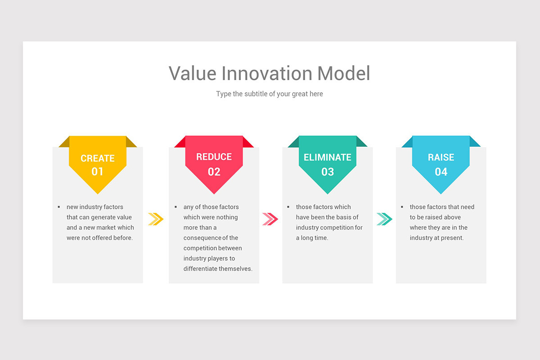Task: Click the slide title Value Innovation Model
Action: pos(269,73)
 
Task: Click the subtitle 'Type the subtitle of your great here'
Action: pos(269,94)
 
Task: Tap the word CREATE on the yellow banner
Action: pos(98,158)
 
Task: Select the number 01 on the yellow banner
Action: pos(98,171)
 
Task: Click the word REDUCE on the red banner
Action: pos(214,157)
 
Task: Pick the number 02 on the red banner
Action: pos(214,171)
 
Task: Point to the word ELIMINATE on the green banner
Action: pos(327,157)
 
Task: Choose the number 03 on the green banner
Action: pos(327,171)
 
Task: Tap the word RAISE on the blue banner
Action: pos(441,157)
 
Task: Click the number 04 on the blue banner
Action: pos(441,171)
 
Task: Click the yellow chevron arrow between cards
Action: pos(156,219)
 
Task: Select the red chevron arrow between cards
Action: pos(270,219)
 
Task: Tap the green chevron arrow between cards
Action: pos(384,219)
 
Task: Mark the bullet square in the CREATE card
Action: pos(59,207)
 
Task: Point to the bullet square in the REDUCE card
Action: pos(175,207)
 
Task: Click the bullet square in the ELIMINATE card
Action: pos(288,207)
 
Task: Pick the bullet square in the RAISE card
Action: pos(402,207)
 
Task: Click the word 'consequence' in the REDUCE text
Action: pos(202,238)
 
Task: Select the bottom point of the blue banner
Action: pos(441,192)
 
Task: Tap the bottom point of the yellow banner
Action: pos(98,192)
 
